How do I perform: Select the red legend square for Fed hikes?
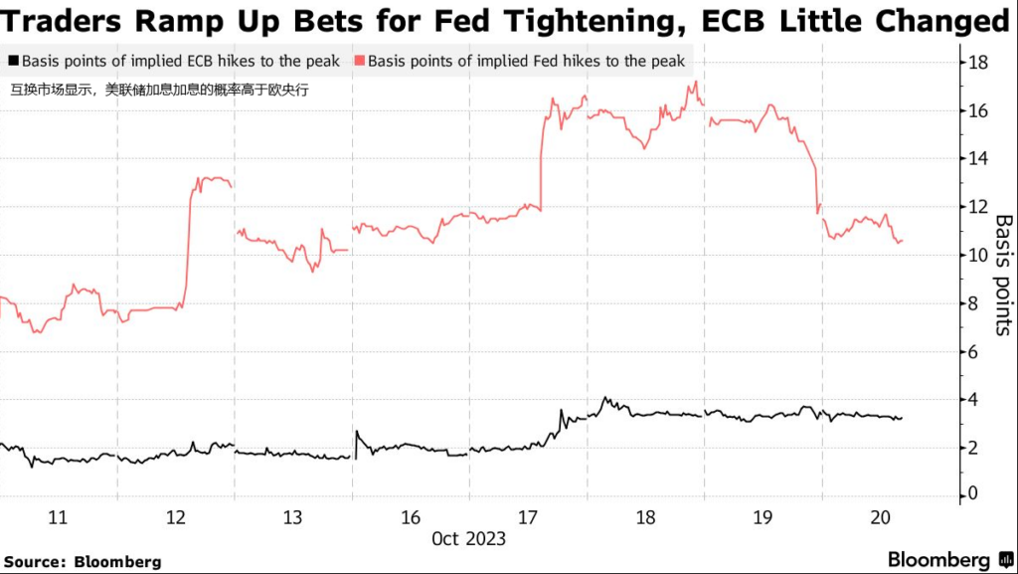coord(358,62)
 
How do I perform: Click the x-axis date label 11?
coord(58,517)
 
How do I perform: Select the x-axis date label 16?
coord(410,517)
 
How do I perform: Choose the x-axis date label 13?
coord(292,517)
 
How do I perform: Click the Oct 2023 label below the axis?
coord(468,539)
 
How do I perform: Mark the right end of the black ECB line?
coord(902,418)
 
